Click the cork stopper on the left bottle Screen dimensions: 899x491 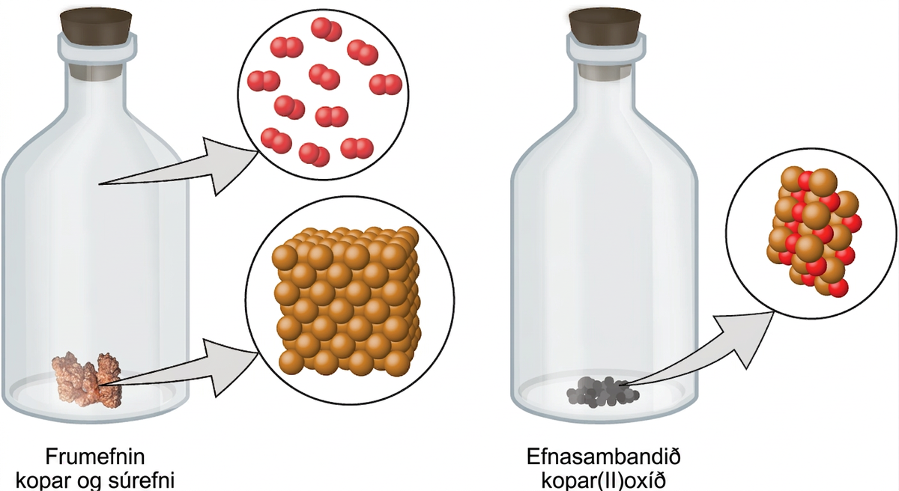click(96, 28)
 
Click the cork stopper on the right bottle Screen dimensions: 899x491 click(605, 26)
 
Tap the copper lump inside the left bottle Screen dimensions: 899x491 click(87, 379)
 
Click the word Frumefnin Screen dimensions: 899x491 click(94, 457)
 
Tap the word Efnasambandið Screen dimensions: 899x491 click(603, 457)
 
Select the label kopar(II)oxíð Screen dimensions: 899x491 click(603, 481)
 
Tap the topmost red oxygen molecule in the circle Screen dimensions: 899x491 click(327, 29)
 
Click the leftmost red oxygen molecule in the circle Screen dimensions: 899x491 click(263, 81)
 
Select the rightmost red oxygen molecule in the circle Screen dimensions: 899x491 click(385, 84)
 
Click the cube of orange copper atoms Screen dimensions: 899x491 click(346, 302)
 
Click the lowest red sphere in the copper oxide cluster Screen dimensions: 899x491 click(838, 287)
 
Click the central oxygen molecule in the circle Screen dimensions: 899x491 click(324, 76)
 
